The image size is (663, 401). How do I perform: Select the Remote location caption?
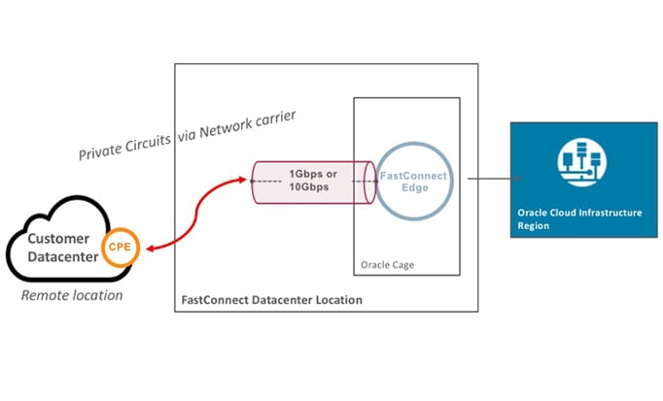tap(73, 295)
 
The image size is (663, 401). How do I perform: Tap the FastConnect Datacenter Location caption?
tap(272, 300)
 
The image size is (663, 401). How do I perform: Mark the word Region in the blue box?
tap(533, 227)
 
